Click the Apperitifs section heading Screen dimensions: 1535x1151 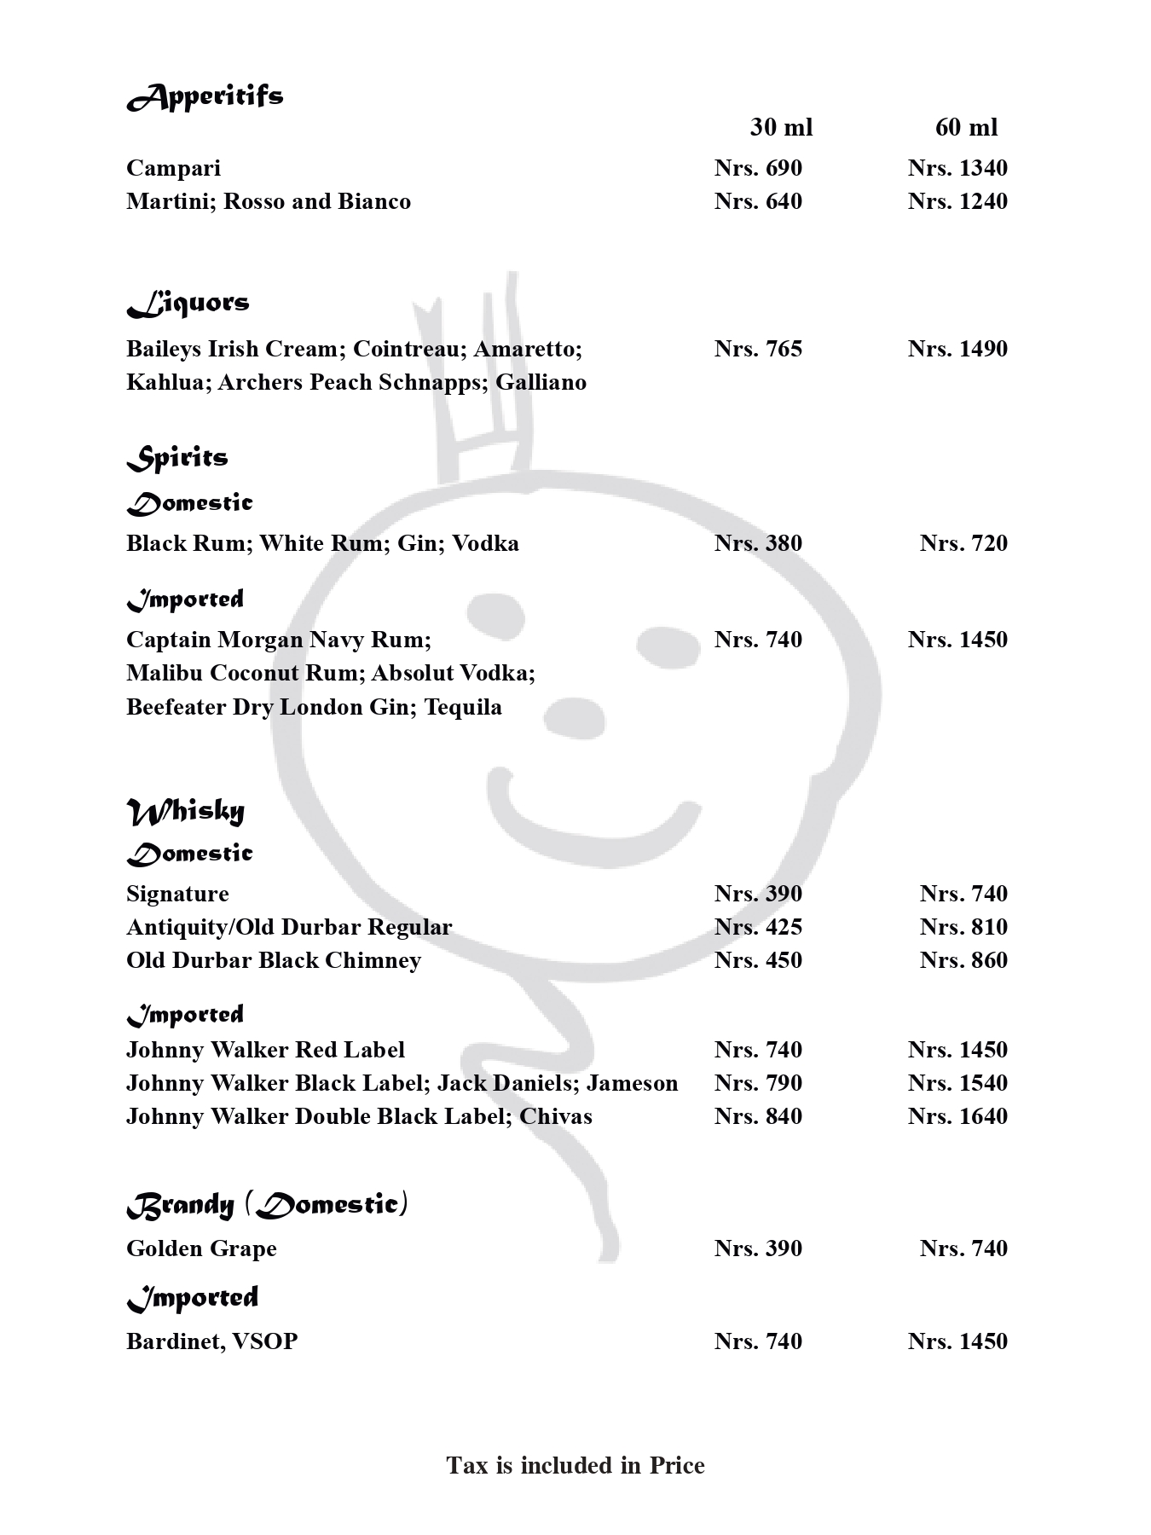(205, 96)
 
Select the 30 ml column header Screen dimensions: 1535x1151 (781, 128)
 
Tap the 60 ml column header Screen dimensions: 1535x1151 (966, 128)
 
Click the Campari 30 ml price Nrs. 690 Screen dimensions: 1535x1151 (758, 168)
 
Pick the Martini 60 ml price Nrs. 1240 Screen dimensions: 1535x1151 (957, 201)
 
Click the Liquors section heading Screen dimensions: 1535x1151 (188, 304)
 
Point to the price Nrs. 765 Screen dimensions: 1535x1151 (758, 349)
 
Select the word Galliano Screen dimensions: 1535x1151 (541, 382)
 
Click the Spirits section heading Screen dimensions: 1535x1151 (177, 458)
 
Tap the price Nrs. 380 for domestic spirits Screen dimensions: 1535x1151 (758, 543)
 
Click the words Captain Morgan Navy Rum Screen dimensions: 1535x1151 (278, 640)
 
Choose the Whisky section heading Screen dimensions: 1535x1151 (186, 811)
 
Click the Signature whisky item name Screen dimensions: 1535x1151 (177, 894)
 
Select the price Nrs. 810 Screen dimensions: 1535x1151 (963, 927)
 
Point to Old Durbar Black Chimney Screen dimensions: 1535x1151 (274, 960)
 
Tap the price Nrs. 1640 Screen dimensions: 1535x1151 (957, 1116)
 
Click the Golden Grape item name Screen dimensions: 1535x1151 (201, 1248)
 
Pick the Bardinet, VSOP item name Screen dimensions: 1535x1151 (211, 1341)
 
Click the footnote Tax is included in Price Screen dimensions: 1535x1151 (575, 1465)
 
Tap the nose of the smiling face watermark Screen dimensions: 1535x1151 (574, 716)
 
